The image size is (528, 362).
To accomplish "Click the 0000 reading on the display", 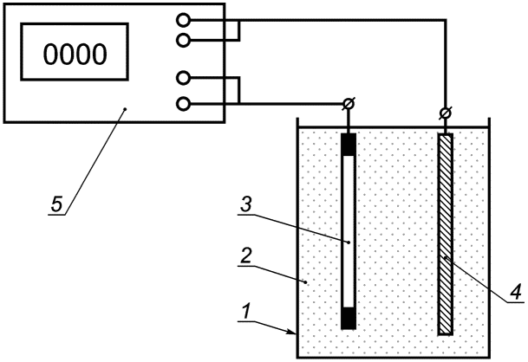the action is pyautogui.click(x=75, y=55).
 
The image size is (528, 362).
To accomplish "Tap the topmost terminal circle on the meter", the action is pyautogui.click(x=183, y=20).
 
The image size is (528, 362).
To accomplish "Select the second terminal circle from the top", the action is pyautogui.click(x=183, y=40).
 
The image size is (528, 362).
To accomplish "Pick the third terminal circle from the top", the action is pyautogui.click(x=183, y=78).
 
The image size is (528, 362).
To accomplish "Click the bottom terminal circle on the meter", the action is pyautogui.click(x=183, y=104).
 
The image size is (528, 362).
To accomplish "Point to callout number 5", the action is pyautogui.click(x=56, y=204).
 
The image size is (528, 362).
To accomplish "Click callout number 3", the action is pyautogui.click(x=246, y=204).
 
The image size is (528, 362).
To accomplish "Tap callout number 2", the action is pyautogui.click(x=246, y=256).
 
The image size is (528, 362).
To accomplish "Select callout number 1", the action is pyautogui.click(x=247, y=311).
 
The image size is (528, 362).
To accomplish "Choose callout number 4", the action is pyautogui.click(x=515, y=291).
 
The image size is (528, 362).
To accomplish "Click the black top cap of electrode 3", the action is pyautogui.click(x=349, y=145).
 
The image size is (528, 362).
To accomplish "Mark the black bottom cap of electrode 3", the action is pyautogui.click(x=349, y=318).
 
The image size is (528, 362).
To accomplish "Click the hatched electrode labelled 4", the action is pyautogui.click(x=445, y=234).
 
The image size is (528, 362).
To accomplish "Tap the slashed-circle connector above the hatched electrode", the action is pyautogui.click(x=446, y=113).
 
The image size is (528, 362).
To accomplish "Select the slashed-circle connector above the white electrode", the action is pyautogui.click(x=349, y=104).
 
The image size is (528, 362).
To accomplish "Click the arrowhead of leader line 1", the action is pyautogui.click(x=292, y=333).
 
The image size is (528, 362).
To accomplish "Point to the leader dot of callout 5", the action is pyautogui.click(x=125, y=108).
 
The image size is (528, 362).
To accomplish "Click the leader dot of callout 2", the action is pyautogui.click(x=306, y=282).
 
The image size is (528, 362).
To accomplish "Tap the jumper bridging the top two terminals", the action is pyautogui.click(x=239, y=30).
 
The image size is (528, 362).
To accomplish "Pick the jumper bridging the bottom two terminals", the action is pyautogui.click(x=239, y=90).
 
